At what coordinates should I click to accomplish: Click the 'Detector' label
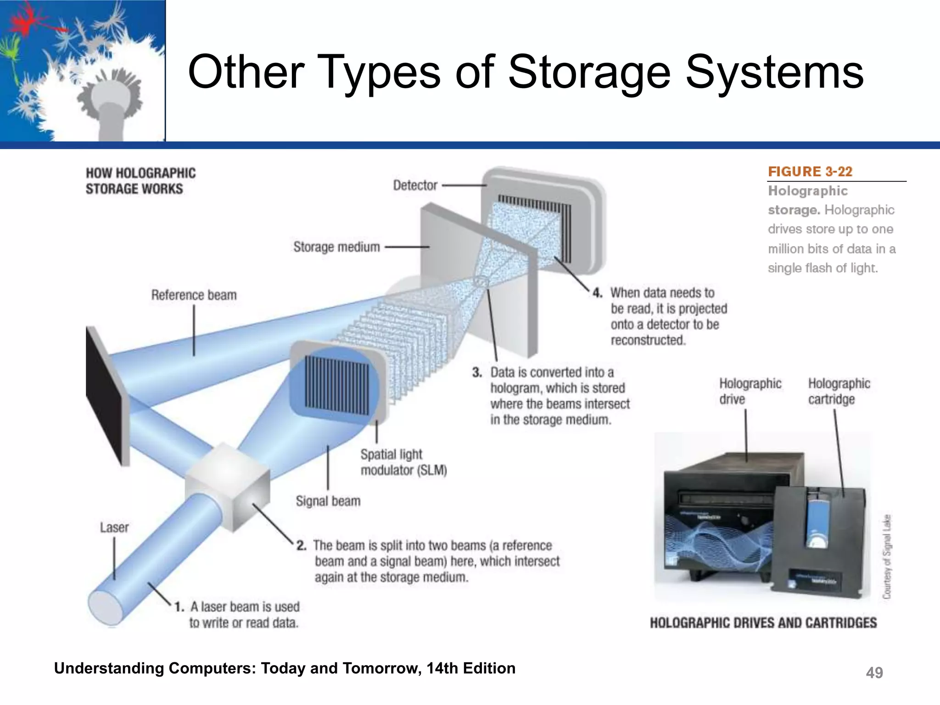415,185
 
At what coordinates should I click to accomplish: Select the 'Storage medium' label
336,247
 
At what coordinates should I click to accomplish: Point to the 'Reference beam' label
194,295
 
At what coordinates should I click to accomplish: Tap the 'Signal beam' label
328,501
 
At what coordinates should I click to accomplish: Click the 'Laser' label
114,527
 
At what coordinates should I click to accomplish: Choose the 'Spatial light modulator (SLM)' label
403,462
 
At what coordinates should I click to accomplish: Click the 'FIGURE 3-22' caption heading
810,172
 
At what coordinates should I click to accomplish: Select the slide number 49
874,673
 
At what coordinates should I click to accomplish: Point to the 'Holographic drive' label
750,391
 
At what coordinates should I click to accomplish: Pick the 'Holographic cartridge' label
839,391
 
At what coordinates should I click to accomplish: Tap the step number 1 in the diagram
179,607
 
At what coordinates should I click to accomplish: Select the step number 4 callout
597,293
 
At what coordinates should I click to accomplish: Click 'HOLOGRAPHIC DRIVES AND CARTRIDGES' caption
763,623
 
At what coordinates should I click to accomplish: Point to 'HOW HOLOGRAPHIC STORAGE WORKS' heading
140,181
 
